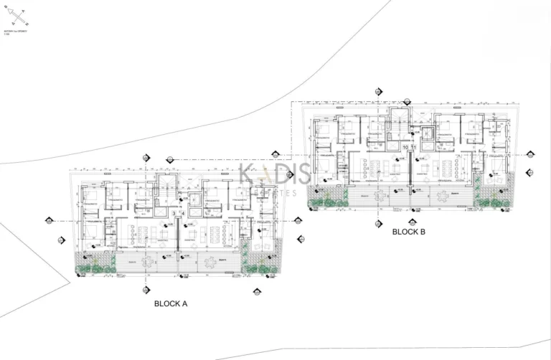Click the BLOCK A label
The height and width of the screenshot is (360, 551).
[171, 304]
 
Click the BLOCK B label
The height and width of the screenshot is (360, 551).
[409, 232]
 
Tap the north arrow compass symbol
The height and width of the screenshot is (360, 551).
[18, 14]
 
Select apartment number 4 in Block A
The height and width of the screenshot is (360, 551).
[182, 214]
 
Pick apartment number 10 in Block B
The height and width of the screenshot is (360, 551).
[406, 148]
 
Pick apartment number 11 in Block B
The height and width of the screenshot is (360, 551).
[414, 148]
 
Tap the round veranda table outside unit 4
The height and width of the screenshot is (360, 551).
[207, 262]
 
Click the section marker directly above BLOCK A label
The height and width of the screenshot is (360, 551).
[146, 290]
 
